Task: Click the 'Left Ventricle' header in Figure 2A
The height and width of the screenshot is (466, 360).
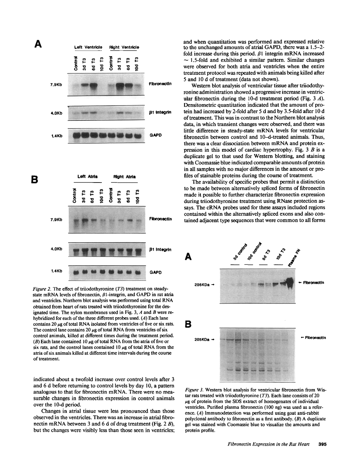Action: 88,47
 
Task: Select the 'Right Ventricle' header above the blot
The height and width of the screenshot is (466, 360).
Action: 124,47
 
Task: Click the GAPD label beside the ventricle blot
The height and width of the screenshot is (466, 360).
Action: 155,135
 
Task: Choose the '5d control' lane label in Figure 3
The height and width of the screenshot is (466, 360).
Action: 238,255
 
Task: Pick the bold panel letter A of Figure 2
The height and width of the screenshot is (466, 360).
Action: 38,44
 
